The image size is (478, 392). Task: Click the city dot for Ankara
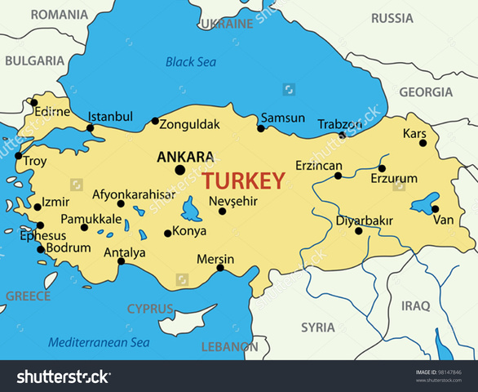pos(179,170)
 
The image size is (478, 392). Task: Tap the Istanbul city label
pos(110,117)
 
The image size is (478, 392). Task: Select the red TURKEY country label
pos(244,180)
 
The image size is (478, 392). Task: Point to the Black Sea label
pos(192,61)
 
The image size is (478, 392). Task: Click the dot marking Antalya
pos(121,261)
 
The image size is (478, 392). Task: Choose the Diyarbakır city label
pos(365,220)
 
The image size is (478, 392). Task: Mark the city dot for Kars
pos(423,143)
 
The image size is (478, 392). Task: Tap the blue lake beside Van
pos(422,203)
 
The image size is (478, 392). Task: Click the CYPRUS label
pos(150,309)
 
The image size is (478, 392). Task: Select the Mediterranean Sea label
pos(100,342)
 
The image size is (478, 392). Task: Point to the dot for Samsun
pos(261,128)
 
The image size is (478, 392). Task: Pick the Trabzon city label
pos(339,123)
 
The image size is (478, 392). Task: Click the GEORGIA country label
pos(425,92)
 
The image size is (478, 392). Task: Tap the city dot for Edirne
pos(34,103)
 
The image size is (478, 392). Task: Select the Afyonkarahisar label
pos(133,194)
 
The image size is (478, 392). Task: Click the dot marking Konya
pos(167,233)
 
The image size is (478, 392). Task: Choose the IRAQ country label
pos(414,306)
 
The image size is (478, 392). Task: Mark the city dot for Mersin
pos(219,268)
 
